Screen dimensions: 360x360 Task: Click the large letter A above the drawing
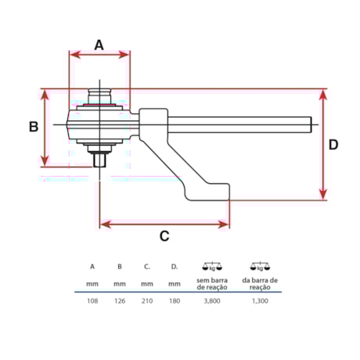click(x=99, y=45)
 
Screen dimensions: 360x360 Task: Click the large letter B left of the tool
click(x=34, y=127)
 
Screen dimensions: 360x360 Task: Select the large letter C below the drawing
click(x=164, y=236)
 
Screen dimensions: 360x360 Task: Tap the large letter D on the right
click(x=333, y=145)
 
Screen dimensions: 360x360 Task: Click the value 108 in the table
click(x=92, y=300)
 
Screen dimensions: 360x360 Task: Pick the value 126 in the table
click(x=120, y=300)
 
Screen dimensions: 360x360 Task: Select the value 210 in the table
click(x=147, y=300)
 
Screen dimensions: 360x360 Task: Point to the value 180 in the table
click(x=175, y=300)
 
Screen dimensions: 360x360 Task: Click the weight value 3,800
click(x=211, y=300)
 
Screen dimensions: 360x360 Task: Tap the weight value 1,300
click(x=261, y=300)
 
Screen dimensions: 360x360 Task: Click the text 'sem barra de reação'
click(x=211, y=283)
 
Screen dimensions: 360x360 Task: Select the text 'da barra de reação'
click(x=261, y=283)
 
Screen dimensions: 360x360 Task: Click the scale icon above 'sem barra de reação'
click(x=211, y=266)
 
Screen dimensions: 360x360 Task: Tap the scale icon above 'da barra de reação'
click(x=261, y=266)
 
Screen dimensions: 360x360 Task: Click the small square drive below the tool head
click(x=99, y=160)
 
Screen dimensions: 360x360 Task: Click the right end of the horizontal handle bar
click(x=315, y=123)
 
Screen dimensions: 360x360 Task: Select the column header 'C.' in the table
click(x=147, y=266)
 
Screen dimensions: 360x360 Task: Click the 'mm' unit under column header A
click(x=92, y=283)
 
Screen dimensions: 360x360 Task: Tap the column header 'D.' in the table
click(x=175, y=266)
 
